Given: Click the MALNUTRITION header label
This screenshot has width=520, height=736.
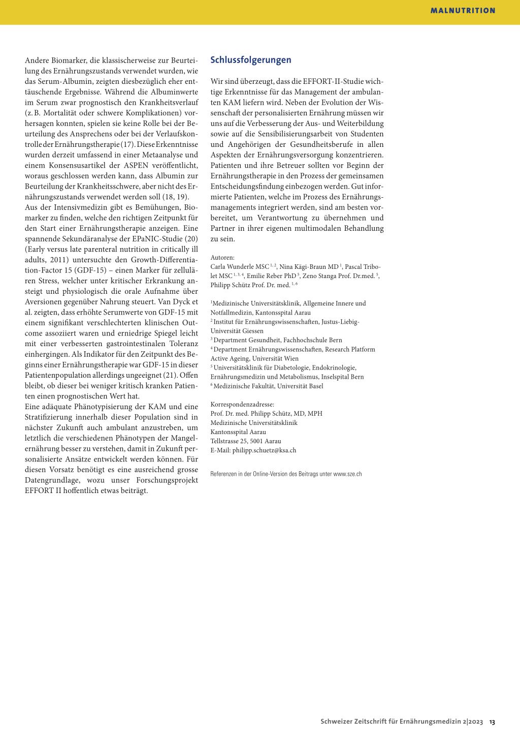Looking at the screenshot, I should click(463, 11).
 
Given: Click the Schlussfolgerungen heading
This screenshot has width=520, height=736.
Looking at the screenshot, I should click(251, 60).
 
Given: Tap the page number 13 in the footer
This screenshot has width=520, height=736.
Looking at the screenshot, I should click(492, 722).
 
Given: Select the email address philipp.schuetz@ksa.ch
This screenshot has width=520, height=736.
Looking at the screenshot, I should click(264, 450).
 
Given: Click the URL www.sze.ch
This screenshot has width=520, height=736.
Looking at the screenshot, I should click(347, 474).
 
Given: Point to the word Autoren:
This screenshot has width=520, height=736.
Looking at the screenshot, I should click(222, 258).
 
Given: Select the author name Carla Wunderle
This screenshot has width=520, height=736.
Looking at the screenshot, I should click(232, 267).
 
